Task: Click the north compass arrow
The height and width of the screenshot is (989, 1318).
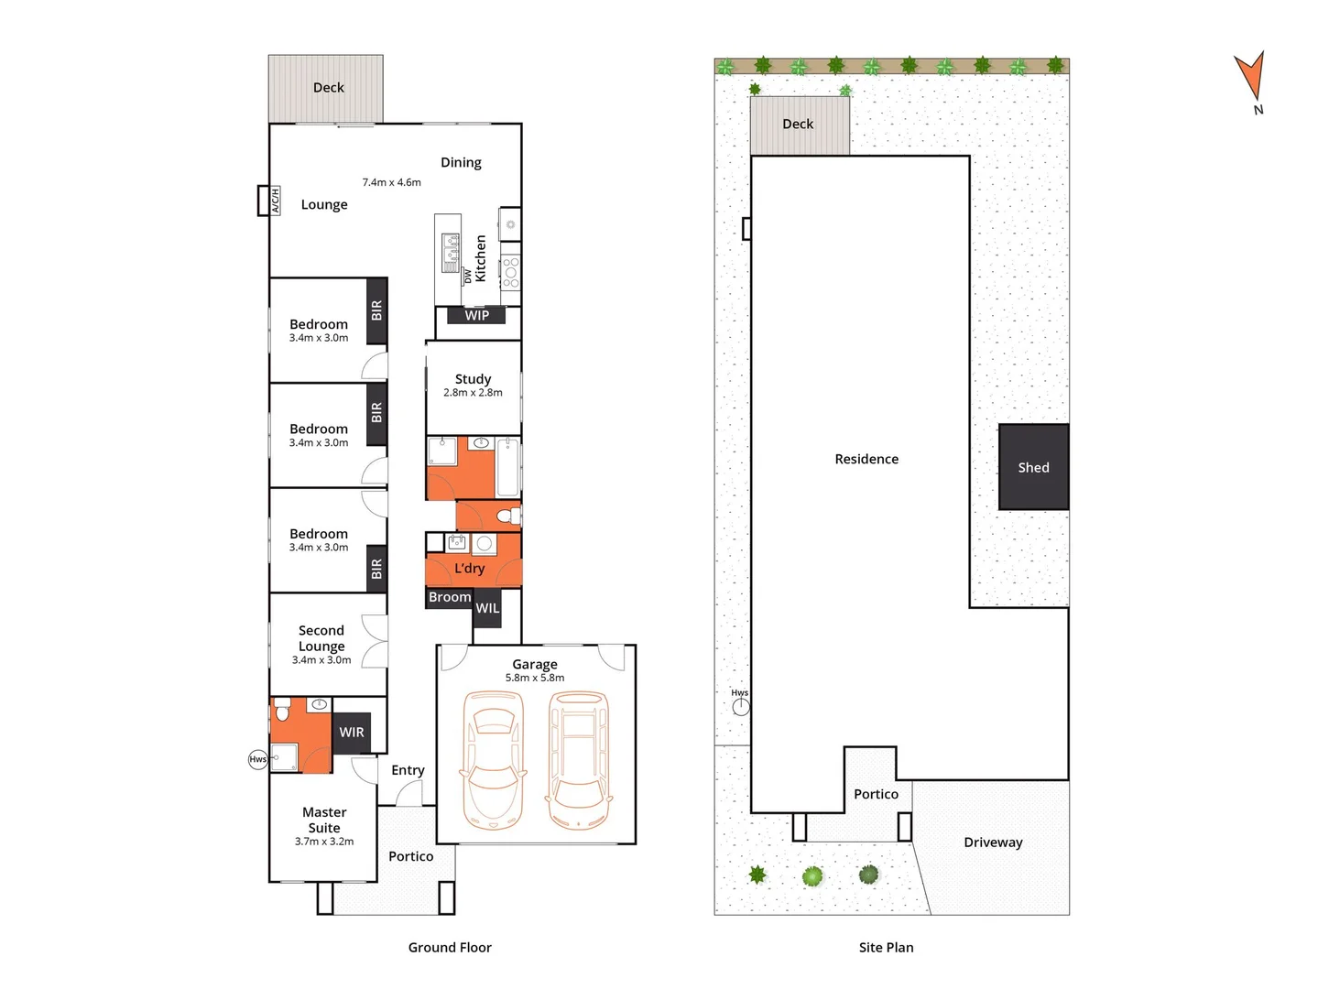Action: tap(1250, 75)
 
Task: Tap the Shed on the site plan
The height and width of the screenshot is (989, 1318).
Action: tap(1033, 467)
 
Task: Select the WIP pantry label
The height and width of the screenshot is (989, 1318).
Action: tap(476, 315)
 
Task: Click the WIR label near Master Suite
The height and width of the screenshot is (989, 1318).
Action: tap(352, 732)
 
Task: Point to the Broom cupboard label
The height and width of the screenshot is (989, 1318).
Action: tap(450, 597)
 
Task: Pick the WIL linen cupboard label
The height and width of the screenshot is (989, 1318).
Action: tap(487, 608)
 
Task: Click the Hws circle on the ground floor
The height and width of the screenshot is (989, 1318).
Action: tap(258, 759)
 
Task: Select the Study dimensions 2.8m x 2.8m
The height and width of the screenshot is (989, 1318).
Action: tap(473, 392)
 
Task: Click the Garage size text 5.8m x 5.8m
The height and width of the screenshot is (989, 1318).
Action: tap(535, 678)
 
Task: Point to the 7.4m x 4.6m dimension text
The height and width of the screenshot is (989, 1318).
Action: tap(391, 182)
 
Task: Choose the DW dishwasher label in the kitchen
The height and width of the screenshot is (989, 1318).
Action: tap(467, 275)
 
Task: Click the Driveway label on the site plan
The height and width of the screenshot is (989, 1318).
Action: tap(993, 842)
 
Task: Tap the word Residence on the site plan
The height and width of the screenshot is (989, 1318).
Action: tap(866, 459)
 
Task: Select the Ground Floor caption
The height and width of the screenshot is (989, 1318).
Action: tap(450, 948)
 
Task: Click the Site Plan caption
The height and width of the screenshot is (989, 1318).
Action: tap(886, 948)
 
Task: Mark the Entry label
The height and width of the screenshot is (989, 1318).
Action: tap(408, 770)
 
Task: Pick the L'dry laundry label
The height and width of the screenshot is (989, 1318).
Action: tap(469, 569)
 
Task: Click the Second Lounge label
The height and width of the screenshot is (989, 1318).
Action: tap(321, 638)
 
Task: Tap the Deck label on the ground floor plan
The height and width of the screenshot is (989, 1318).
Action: tap(329, 88)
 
